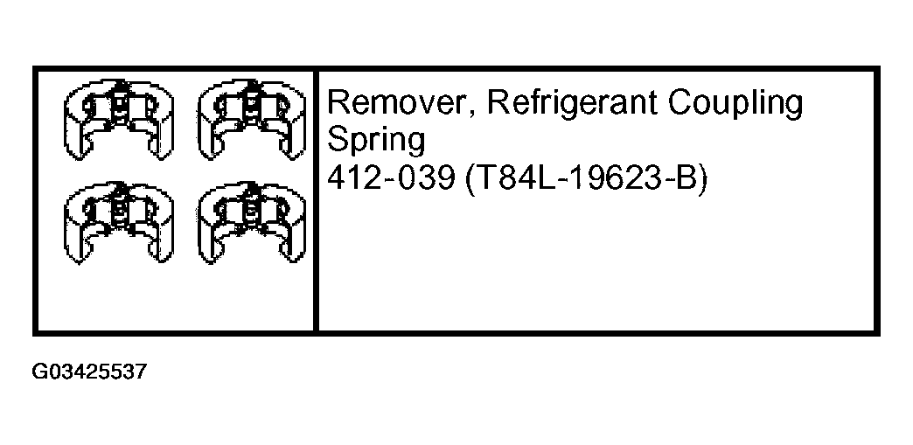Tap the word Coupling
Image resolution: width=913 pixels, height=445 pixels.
point(736,105)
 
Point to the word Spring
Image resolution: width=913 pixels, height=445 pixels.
point(376,141)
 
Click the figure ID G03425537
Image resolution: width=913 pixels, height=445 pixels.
point(89,372)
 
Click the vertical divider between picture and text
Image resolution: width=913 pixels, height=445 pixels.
point(315,201)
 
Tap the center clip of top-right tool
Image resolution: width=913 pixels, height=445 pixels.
point(250,106)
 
